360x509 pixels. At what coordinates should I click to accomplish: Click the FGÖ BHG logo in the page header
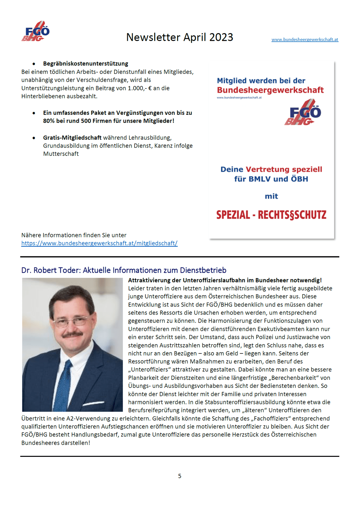tap(36, 31)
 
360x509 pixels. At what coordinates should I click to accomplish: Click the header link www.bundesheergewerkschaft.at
tap(305, 39)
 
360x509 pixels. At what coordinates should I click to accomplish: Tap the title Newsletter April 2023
tap(180, 37)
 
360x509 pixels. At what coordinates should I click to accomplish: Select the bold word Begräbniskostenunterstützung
tap(86, 64)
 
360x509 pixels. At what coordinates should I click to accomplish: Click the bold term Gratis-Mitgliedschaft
tap(72, 138)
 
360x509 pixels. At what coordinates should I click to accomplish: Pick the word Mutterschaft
tap(61, 154)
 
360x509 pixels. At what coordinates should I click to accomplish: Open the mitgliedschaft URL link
tap(99, 243)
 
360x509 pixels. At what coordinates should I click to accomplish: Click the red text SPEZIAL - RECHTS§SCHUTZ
tap(271, 215)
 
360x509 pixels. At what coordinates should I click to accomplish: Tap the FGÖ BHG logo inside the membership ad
tap(303, 112)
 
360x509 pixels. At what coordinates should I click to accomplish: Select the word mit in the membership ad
tap(271, 196)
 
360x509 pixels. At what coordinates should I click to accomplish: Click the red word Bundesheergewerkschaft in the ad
tap(270, 90)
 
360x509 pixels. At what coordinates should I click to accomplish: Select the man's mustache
tap(73, 335)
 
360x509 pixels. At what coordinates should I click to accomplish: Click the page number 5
tap(180, 476)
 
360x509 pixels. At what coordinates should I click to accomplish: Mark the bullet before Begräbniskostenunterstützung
tap(34, 64)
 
